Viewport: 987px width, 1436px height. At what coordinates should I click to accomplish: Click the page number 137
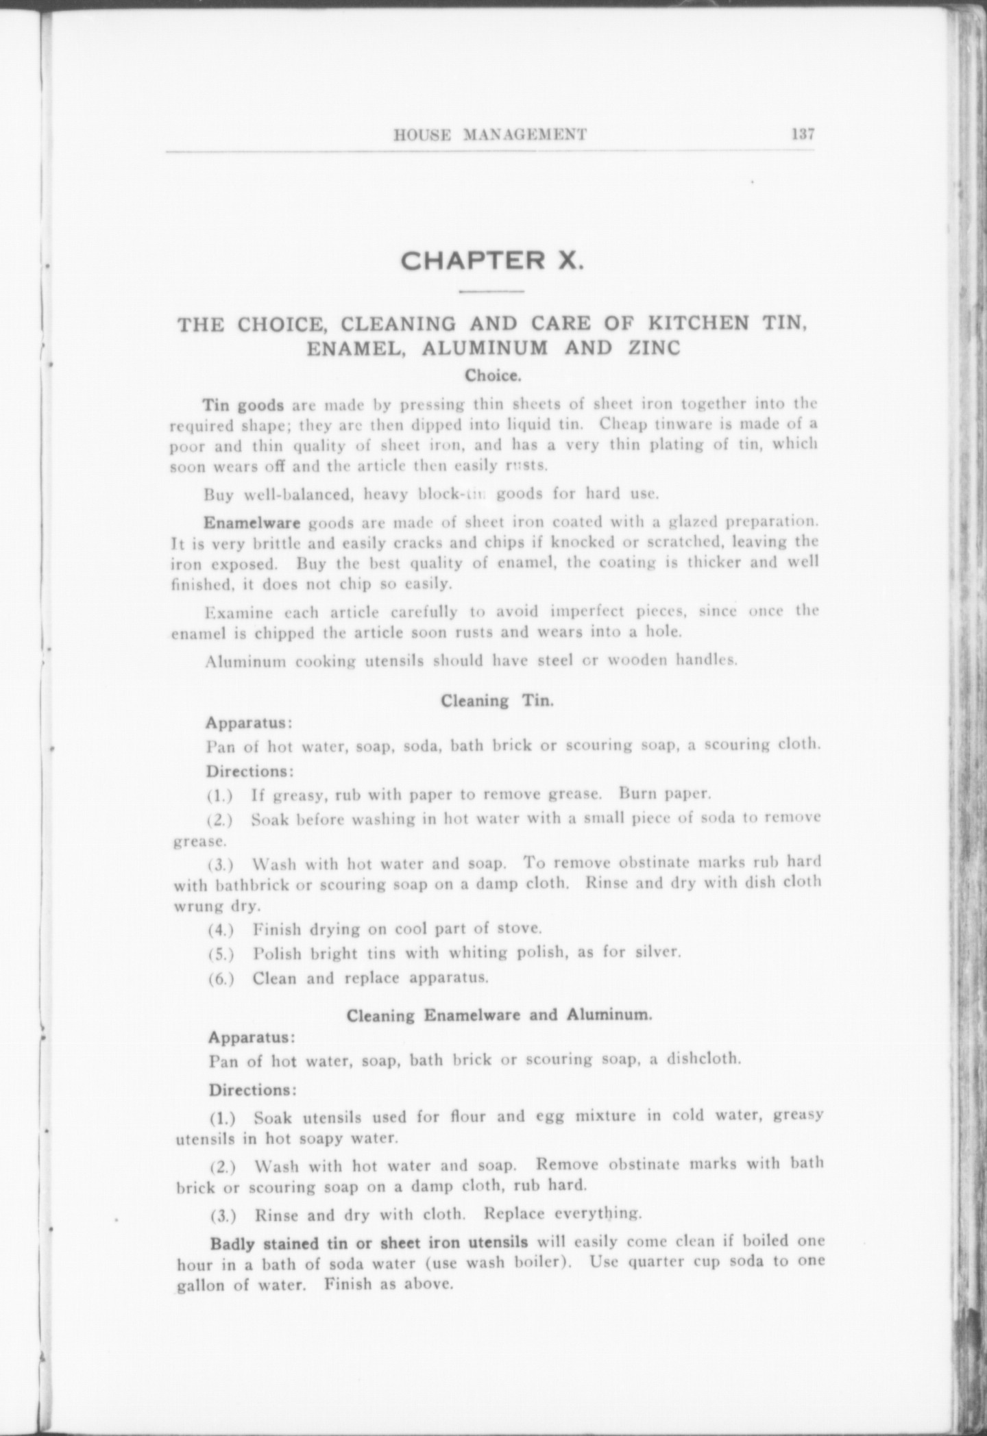(802, 134)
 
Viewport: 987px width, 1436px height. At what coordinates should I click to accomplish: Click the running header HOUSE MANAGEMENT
(489, 135)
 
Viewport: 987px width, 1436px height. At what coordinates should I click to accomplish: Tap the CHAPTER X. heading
(492, 261)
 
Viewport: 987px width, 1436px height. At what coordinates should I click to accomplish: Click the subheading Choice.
(493, 376)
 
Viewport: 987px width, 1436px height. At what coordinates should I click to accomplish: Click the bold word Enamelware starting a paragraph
(252, 523)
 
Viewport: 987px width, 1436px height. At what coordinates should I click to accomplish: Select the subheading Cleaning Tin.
(496, 701)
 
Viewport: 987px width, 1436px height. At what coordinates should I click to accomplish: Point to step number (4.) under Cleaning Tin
(221, 930)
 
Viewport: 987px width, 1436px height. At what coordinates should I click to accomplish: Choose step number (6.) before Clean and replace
(221, 978)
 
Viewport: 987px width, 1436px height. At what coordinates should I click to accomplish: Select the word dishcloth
(705, 1078)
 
